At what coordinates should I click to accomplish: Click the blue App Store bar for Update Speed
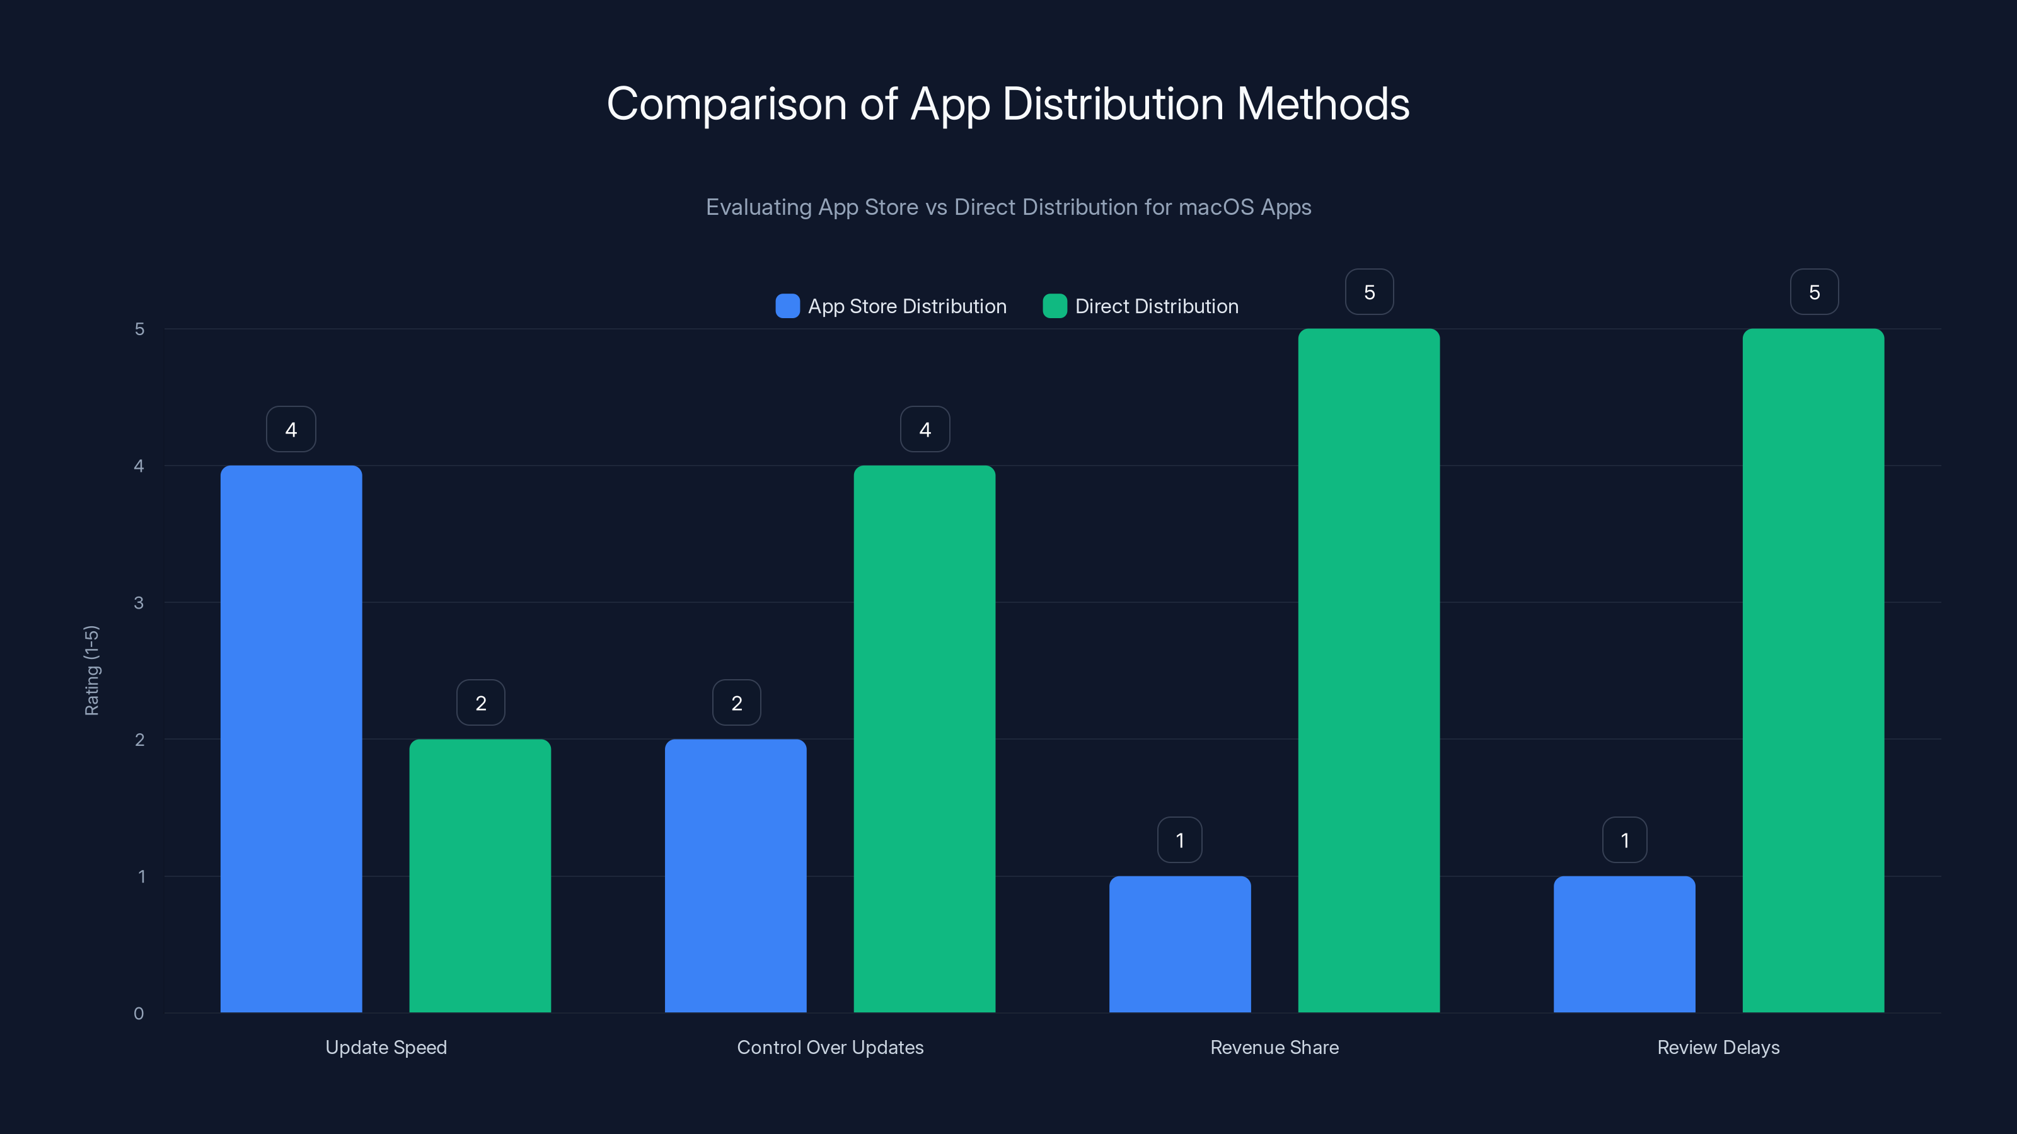(291, 739)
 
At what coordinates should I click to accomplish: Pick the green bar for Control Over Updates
(924, 739)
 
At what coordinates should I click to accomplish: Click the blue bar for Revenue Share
(1180, 944)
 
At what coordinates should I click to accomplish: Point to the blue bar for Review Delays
(1624, 944)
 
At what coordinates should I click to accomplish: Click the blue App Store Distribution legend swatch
(787, 306)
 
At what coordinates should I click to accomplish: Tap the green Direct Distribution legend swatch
(1055, 306)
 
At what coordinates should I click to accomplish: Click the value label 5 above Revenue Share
(1368, 292)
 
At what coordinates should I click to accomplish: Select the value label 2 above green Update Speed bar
(481, 703)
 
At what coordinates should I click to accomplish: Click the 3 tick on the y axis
(139, 603)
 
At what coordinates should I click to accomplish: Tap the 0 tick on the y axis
(139, 1014)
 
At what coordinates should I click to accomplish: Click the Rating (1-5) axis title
(91, 670)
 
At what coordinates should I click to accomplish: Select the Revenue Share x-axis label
(1274, 1047)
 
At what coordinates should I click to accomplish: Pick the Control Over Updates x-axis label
(830, 1047)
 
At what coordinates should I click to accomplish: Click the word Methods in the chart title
(1322, 103)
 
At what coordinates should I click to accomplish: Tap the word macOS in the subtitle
(1216, 207)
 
